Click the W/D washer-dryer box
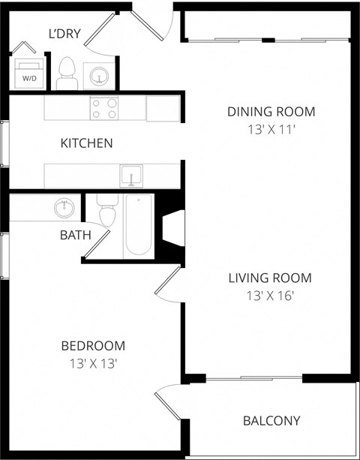pyautogui.click(x=28, y=74)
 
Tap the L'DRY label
pyautogui.click(x=64, y=34)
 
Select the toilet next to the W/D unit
pyautogui.click(x=67, y=73)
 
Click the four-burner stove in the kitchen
pyautogui.click(x=103, y=108)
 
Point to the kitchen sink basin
pyautogui.click(x=131, y=176)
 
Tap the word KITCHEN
pyautogui.click(x=86, y=143)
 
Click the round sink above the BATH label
pyautogui.click(x=64, y=207)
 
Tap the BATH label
pyautogui.click(x=75, y=235)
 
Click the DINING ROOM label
pyautogui.click(x=271, y=112)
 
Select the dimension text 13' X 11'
pyautogui.click(x=271, y=129)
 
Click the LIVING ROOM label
pyautogui.click(x=269, y=278)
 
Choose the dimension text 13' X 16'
pyautogui.click(x=269, y=296)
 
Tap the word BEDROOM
pyautogui.click(x=93, y=346)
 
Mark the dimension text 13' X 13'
pyautogui.click(x=93, y=363)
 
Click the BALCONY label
pyautogui.click(x=271, y=421)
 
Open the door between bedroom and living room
pyautogui.click(x=169, y=285)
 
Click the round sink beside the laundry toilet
pyautogui.click(x=97, y=75)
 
